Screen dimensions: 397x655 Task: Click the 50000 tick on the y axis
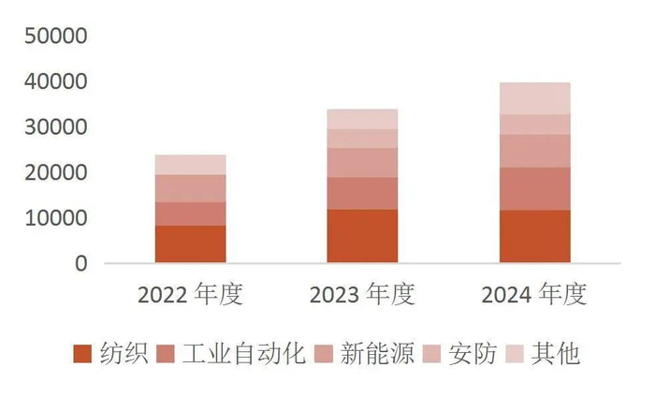click(55, 37)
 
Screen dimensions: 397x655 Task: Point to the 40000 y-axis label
click(55, 83)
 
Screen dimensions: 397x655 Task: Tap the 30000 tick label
click(55, 128)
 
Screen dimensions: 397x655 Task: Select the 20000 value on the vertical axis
click(55, 174)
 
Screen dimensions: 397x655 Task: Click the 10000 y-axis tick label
click(55, 219)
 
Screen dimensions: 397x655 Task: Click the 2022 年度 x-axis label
click(190, 295)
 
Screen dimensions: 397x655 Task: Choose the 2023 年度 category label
click(362, 295)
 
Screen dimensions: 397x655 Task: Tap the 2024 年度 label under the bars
click(534, 295)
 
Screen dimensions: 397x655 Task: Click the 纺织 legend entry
click(111, 354)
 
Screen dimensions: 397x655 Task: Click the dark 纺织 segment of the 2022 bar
click(190, 244)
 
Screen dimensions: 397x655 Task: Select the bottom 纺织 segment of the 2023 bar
click(362, 236)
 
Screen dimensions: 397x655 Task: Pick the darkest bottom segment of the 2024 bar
click(534, 236)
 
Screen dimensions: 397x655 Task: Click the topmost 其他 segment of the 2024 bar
click(534, 98)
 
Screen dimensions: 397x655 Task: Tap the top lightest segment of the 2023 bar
click(362, 119)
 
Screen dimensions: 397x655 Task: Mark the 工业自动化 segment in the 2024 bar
click(534, 188)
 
